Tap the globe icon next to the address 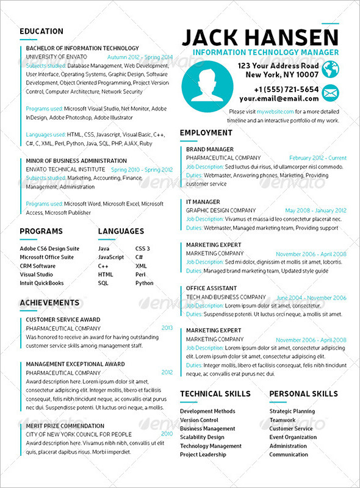pyautogui.click(x=330, y=70)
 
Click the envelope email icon pyautogui.click(x=330, y=93)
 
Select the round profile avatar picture pyautogui.click(x=207, y=85)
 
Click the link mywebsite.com pyautogui.click(x=275, y=112)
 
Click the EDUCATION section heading pyautogui.click(x=41, y=31)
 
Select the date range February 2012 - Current pyautogui.click(x=317, y=158)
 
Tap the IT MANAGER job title pyautogui.click(x=203, y=202)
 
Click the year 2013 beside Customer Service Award pyautogui.click(x=167, y=328)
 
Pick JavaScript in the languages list pyautogui.click(x=111, y=257)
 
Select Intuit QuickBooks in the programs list pyautogui.click(x=41, y=283)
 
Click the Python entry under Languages pyautogui.click(x=145, y=283)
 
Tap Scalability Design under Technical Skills pyautogui.click(x=202, y=437)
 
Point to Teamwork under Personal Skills pyautogui.click(x=283, y=420)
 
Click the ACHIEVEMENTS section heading pyautogui.click(x=49, y=303)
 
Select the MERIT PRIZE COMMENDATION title pyautogui.click(x=65, y=426)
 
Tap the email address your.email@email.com pyautogui.click(x=279, y=98)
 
